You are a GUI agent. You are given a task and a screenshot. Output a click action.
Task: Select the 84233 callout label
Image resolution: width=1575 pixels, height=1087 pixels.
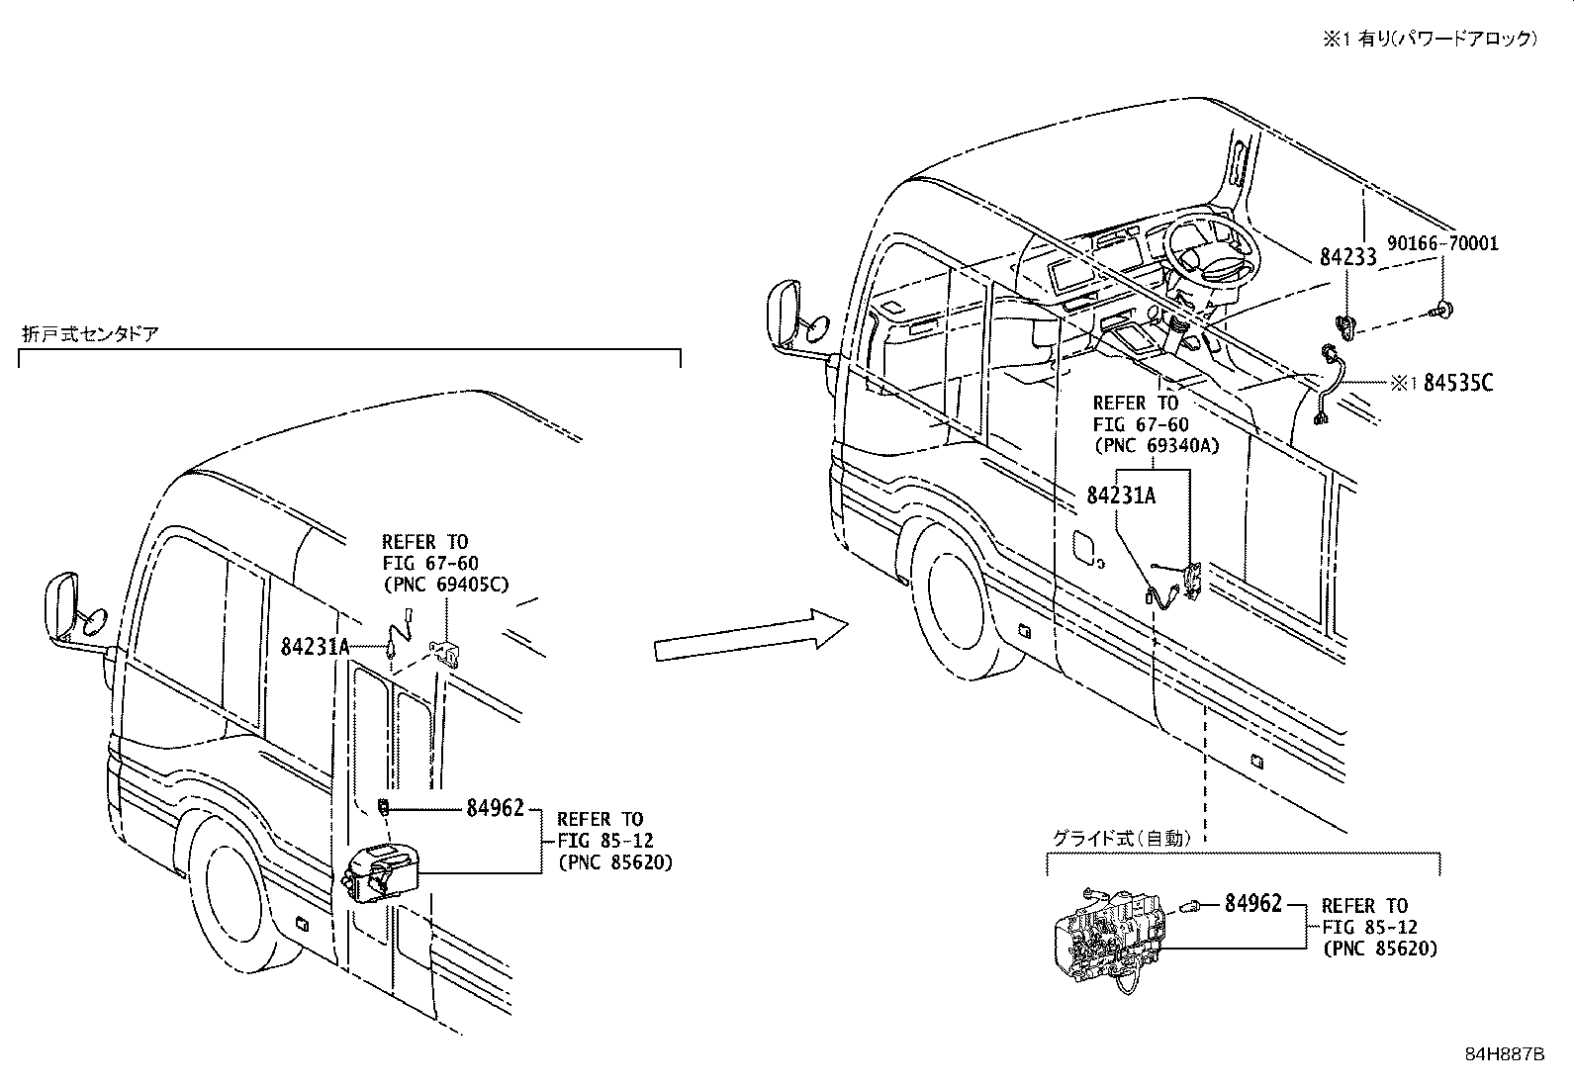click(x=1347, y=257)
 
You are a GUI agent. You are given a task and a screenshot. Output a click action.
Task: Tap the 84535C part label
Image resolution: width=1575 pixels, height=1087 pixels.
click(x=1457, y=383)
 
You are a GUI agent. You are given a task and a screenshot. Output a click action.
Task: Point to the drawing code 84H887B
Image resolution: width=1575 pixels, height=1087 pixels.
click(x=1504, y=1054)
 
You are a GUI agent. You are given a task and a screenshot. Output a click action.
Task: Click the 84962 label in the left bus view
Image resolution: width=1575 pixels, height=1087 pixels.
click(x=495, y=809)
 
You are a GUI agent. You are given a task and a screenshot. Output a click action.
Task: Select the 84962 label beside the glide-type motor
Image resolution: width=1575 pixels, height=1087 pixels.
click(x=1252, y=902)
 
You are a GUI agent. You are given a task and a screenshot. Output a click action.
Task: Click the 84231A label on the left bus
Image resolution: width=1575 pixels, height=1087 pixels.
click(x=316, y=647)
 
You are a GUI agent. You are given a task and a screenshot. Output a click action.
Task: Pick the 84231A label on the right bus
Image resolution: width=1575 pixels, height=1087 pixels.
click(x=1120, y=496)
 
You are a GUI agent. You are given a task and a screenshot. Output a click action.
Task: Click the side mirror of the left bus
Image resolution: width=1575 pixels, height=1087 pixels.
click(x=62, y=608)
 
